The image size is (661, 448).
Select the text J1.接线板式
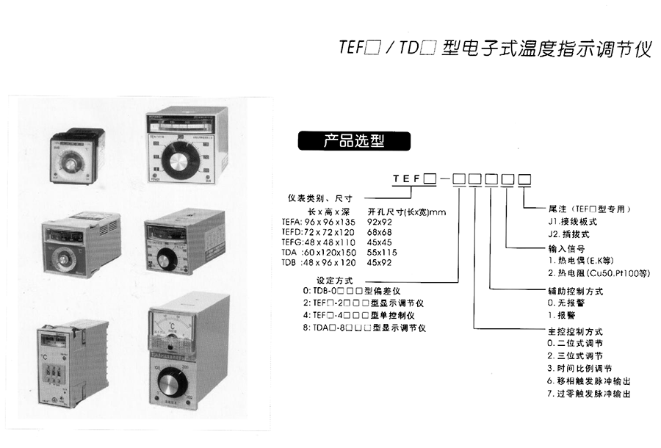(x=568, y=222)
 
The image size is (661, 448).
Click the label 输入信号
(x=566, y=249)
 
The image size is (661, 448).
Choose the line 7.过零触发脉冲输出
(x=588, y=394)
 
